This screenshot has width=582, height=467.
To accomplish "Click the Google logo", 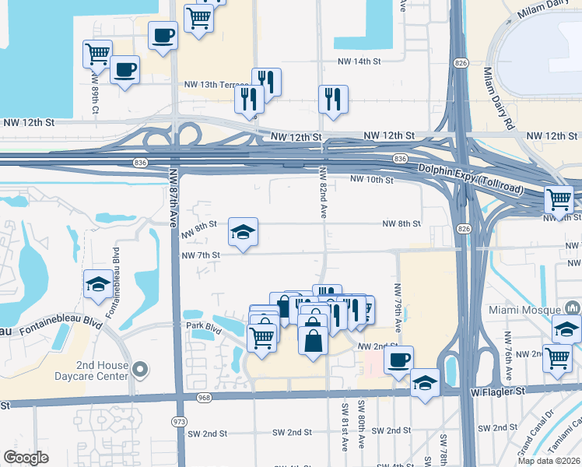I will point(26,457).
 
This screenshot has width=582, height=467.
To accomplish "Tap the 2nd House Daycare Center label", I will point(101,370).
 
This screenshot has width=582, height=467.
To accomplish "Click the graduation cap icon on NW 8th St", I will point(243,231).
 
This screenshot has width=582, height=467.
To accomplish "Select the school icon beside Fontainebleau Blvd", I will point(99,283).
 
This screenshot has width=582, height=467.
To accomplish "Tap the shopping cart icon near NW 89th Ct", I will point(97,54).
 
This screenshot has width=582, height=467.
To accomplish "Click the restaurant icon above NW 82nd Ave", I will point(333,98).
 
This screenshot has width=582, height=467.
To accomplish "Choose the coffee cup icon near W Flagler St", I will point(399,360).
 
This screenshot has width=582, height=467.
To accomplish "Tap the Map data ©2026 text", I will point(549,460).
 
